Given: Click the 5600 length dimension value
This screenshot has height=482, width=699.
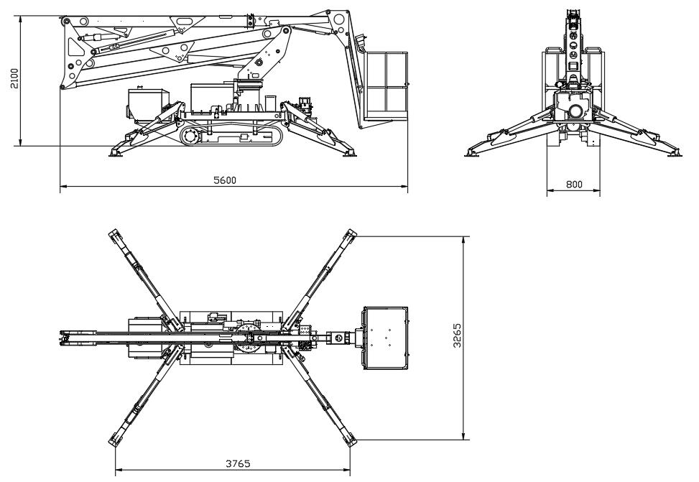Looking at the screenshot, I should click(225, 180).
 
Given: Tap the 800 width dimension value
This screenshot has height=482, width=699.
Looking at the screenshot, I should click(574, 185).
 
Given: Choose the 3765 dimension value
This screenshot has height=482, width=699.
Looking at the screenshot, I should click(238, 463).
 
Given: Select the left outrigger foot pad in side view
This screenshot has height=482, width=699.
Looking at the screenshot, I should click(117, 152).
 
